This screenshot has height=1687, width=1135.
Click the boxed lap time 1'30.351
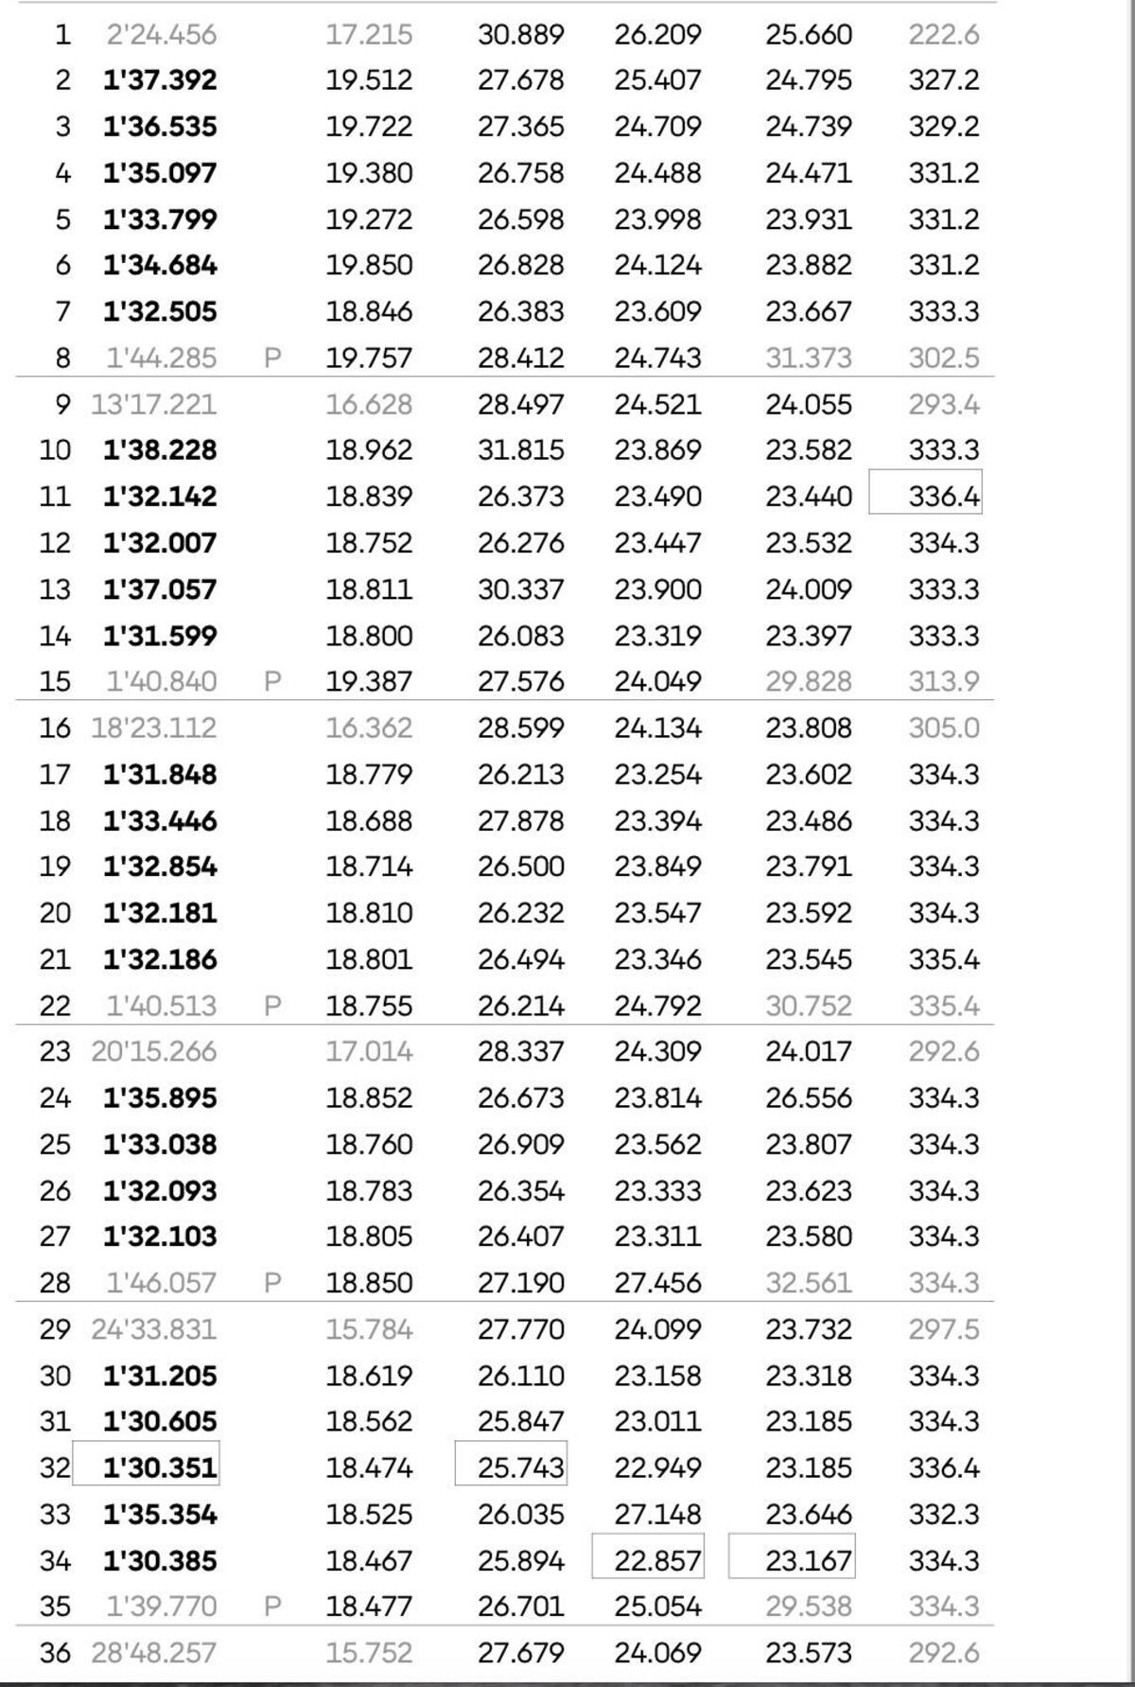point(159,1467)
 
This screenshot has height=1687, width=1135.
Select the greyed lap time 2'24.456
point(161,35)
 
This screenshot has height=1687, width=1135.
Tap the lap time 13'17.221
point(153,405)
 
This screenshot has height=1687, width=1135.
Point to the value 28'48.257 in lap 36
point(153,1653)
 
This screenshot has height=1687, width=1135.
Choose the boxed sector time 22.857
point(657,1560)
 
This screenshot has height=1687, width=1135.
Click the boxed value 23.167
point(809,1560)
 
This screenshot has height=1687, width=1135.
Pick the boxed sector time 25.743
point(520,1467)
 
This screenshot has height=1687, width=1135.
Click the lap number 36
point(55,1653)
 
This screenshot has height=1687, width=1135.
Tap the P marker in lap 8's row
point(272,359)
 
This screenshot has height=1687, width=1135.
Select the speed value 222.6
point(943,35)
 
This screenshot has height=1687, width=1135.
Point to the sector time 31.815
point(520,450)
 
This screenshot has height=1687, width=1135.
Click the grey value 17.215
point(369,35)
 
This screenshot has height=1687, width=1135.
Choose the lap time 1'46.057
point(161,1283)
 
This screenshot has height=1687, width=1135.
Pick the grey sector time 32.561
point(809,1283)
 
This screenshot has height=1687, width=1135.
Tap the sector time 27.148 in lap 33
point(657,1514)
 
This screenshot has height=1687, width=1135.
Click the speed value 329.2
point(943,127)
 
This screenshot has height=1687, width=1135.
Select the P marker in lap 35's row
point(272,1607)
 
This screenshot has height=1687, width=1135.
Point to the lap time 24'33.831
point(153,1329)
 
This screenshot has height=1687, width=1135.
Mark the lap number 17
point(55,775)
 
